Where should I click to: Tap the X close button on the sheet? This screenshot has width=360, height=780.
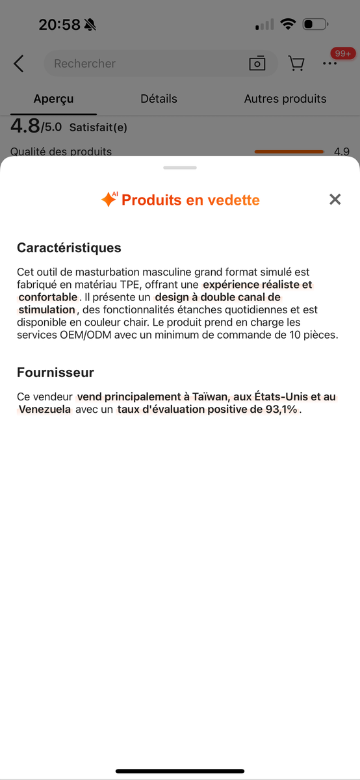click(335, 200)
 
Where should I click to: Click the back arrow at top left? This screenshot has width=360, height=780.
click(19, 64)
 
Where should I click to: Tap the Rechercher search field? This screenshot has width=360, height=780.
click(143, 64)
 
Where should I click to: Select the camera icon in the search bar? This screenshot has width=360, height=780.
click(257, 64)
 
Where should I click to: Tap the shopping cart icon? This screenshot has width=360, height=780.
click(296, 64)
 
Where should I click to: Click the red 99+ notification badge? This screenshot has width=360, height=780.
click(342, 53)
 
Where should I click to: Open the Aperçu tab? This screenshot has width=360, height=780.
click(53, 99)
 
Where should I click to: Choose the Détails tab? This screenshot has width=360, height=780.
click(159, 99)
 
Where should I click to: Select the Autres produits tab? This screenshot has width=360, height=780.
click(285, 99)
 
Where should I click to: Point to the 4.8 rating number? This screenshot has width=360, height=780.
click(25, 126)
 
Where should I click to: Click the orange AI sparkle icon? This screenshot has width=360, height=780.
click(109, 200)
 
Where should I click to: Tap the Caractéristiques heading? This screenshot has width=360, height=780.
click(69, 248)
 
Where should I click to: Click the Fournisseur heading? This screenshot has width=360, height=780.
click(55, 372)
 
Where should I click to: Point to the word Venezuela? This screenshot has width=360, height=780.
click(45, 409)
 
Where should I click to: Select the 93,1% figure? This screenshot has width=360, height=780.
click(283, 409)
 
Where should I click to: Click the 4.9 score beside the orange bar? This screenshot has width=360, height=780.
click(342, 151)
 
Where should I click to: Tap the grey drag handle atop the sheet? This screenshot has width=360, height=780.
click(180, 168)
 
